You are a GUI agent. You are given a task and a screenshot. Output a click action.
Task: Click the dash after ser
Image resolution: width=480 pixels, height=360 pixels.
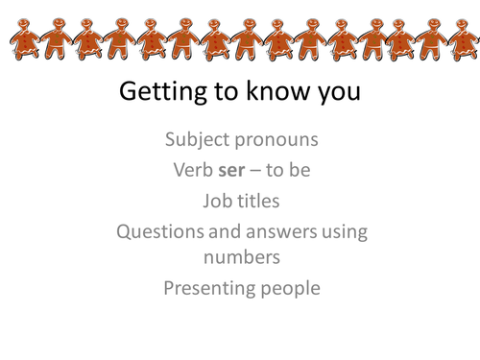coord(264,172)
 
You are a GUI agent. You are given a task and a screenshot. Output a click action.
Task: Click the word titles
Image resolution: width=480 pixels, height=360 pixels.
coord(258,201)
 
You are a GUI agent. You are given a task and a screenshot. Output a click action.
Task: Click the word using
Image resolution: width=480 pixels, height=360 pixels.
coord(348,231)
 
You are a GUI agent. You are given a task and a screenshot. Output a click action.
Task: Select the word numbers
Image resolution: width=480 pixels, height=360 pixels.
coord(240,259)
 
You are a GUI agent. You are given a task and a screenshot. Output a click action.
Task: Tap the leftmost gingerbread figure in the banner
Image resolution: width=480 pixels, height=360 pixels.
coord(27,39)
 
